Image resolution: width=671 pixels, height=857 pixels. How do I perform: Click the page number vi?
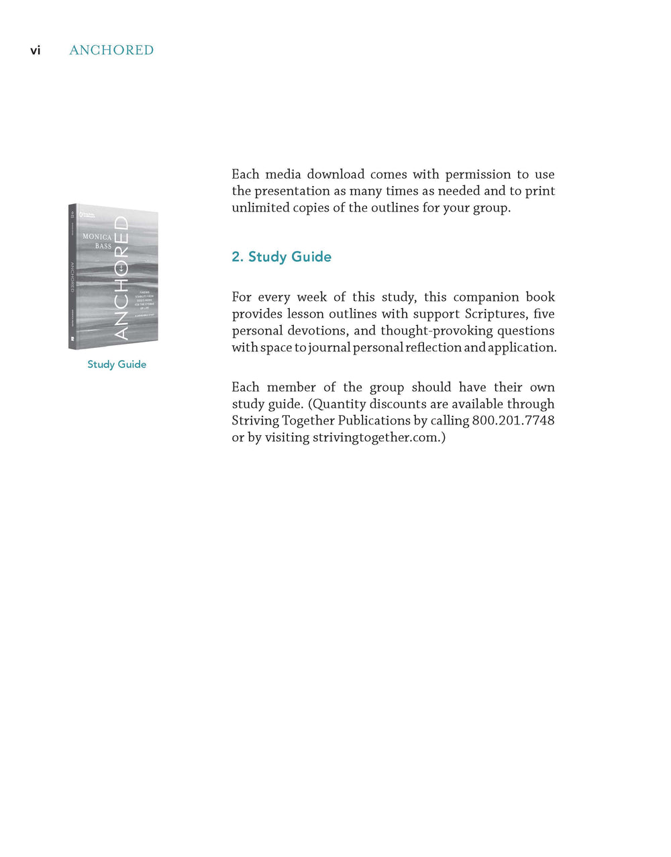pos(36,50)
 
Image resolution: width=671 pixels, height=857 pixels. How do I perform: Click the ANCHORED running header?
pos(111,50)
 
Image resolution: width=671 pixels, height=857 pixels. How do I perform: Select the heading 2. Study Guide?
pos(281,257)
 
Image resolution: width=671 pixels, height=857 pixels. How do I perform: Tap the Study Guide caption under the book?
pos(117,364)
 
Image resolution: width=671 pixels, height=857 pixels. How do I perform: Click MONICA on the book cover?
pos(97,237)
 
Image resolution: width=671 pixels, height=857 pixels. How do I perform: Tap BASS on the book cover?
pos(103,246)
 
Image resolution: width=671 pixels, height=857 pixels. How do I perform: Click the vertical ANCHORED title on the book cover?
pos(121,277)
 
